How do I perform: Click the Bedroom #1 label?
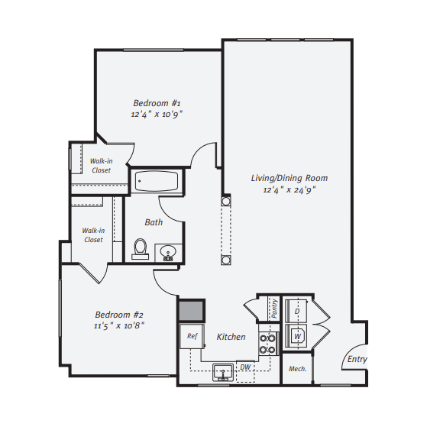click(157, 103)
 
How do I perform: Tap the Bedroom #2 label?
click(119, 314)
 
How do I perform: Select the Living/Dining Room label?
click(290, 178)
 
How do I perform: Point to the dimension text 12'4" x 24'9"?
click(290, 189)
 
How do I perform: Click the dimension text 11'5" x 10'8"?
click(119, 325)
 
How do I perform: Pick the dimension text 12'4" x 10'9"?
click(157, 114)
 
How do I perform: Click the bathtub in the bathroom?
click(157, 182)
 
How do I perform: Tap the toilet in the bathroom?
click(140, 248)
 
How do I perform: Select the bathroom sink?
click(168, 252)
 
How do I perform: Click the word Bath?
click(154, 222)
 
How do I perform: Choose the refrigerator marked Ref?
click(192, 335)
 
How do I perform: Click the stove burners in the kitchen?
click(267, 343)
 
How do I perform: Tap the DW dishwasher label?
click(246, 367)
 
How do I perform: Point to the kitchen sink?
click(223, 372)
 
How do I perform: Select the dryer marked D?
click(297, 312)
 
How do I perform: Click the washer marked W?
click(297, 335)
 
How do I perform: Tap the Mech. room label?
click(297, 369)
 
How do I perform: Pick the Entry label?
click(357, 359)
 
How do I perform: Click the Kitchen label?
click(231, 337)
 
